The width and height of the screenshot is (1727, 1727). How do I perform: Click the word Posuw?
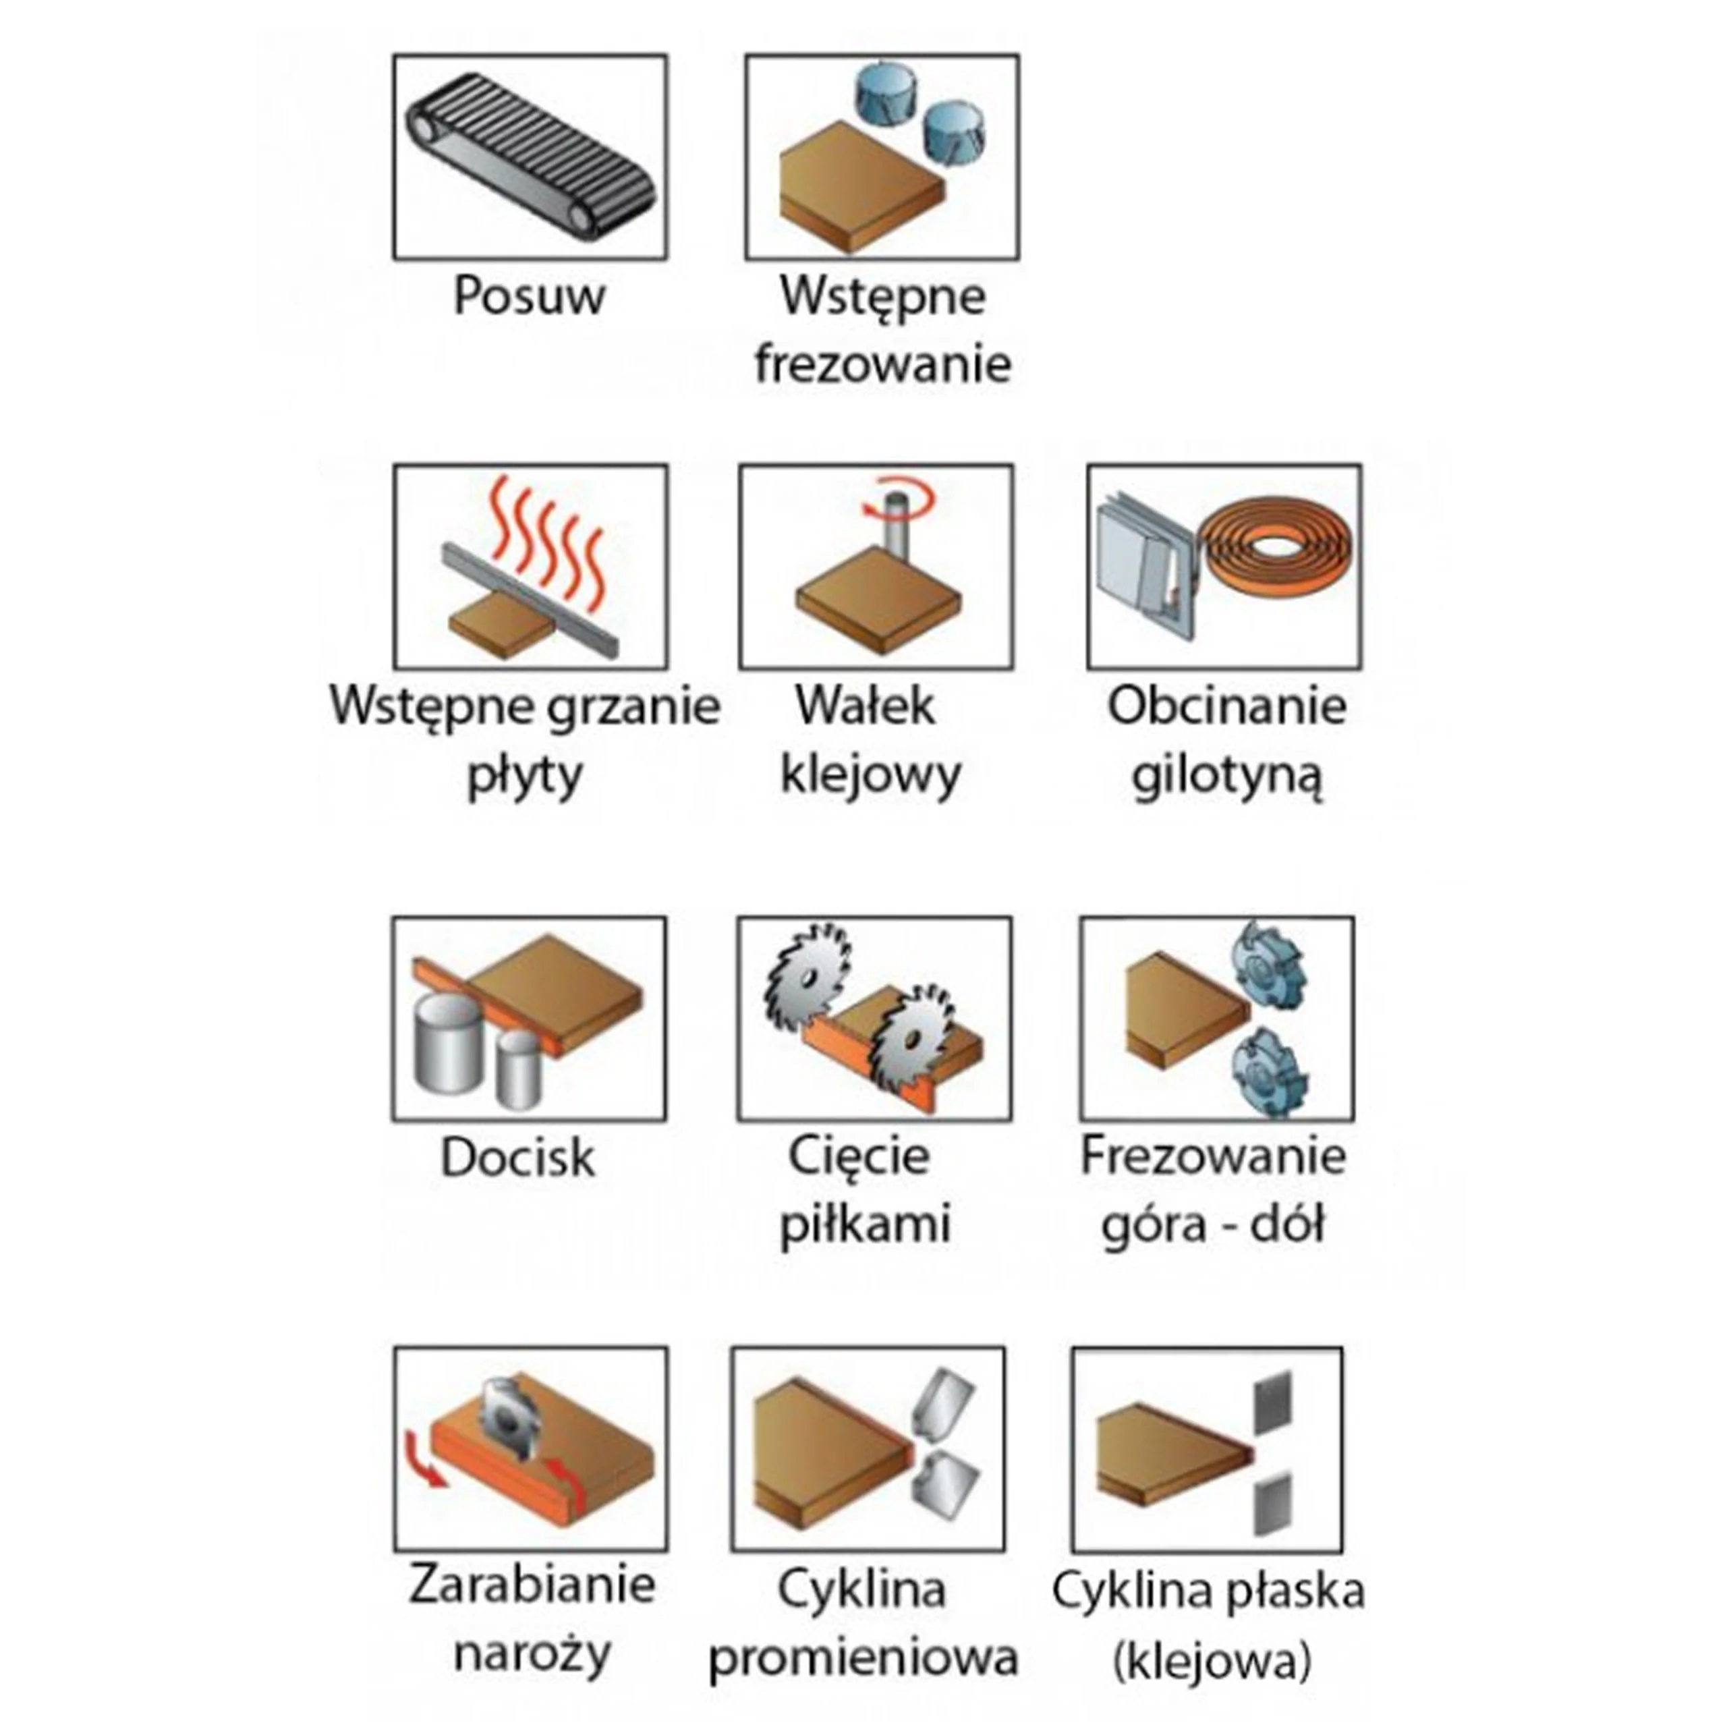[x=529, y=296]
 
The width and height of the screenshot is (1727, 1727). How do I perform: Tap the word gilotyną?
[x=1226, y=775]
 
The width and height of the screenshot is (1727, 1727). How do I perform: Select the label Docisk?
[x=517, y=1158]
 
